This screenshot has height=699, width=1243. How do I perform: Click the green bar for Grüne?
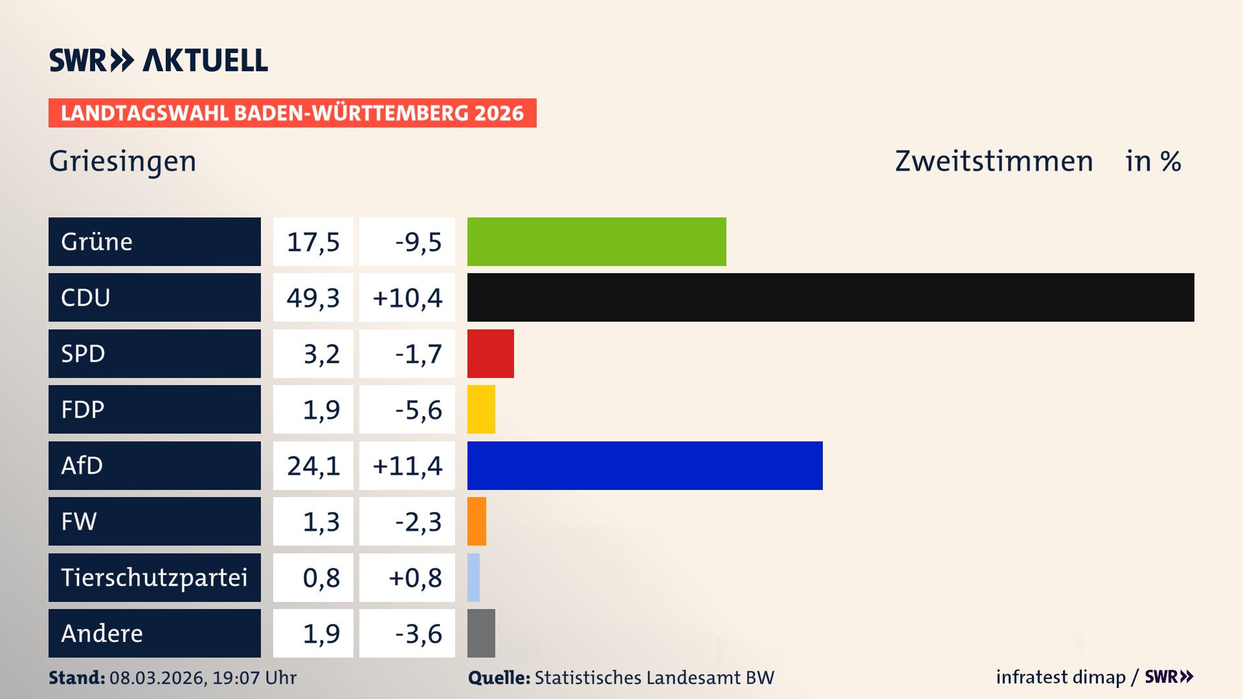pos(596,241)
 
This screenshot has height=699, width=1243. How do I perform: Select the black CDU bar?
pos(831,298)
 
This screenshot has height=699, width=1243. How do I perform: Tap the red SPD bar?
pos(490,353)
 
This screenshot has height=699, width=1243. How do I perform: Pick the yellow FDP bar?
pos(481,410)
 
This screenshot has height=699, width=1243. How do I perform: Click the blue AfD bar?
pos(645,465)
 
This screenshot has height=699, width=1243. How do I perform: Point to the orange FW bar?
pos(476,522)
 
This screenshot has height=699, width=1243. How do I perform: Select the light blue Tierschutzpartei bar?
pos(473,577)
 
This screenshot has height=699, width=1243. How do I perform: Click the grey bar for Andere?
pos(481,633)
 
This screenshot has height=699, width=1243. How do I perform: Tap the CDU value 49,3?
pos(313,298)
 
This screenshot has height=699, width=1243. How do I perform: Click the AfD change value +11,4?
pos(407,465)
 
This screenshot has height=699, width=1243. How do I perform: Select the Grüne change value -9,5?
pos(418,241)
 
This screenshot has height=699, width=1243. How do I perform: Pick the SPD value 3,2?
pos(321,353)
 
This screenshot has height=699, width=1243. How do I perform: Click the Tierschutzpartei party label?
pos(154,577)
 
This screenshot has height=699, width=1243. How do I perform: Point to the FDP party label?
pos(83,410)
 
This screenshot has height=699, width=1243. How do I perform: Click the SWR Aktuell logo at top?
pos(159,60)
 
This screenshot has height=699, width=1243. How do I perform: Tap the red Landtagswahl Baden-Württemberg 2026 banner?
pos(292,113)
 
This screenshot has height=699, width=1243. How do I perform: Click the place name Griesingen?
pos(122,161)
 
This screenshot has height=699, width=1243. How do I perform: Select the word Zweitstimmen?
pos(994,161)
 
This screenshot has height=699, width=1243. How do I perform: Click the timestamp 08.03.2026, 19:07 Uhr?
pos(203,678)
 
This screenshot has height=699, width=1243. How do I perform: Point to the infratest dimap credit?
pos(1060,677)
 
